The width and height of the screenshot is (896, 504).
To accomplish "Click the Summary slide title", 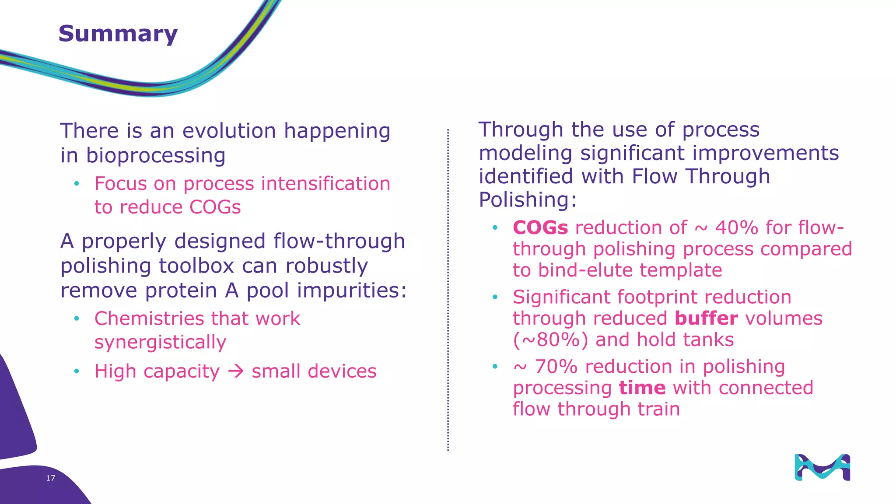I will click(x=118, y=34).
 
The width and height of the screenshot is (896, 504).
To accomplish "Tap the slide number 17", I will click(x=50, y=478).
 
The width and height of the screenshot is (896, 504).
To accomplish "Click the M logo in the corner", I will click(x=822, y=467).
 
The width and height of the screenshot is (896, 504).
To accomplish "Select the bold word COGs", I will click(x=540, y=228).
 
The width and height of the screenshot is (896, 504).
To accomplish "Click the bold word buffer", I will click(x=706, y=318).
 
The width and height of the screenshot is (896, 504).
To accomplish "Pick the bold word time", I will click(x=642, y=388).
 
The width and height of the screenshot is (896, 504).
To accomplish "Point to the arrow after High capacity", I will click(x=236, y=371).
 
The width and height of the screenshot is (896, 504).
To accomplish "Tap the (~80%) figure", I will click(x=550, y=340).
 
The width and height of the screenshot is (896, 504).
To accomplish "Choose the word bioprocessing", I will click(x=156, y=156).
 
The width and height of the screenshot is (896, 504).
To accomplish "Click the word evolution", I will click(x=229, y=131).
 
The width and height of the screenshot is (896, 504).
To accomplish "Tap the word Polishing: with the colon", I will click(x=528, y=200).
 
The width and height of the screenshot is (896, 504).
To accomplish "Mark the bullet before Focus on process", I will click(x=77, y=184).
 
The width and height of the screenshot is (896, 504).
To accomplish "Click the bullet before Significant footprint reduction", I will click(x=495, y=297).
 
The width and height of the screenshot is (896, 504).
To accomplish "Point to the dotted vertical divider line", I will click(x=448, y=289).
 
